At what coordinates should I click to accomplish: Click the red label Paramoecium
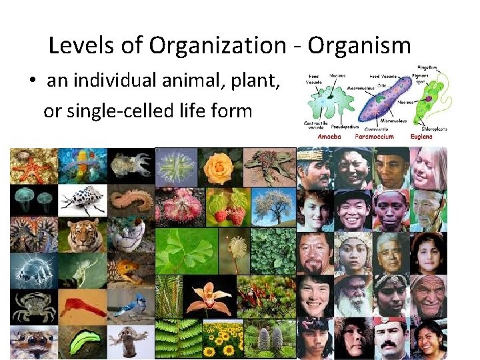374,136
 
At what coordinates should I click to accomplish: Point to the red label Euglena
421,136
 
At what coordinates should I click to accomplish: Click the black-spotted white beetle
81,199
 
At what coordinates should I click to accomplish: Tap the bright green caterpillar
81,341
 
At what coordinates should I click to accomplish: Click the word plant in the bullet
257,81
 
